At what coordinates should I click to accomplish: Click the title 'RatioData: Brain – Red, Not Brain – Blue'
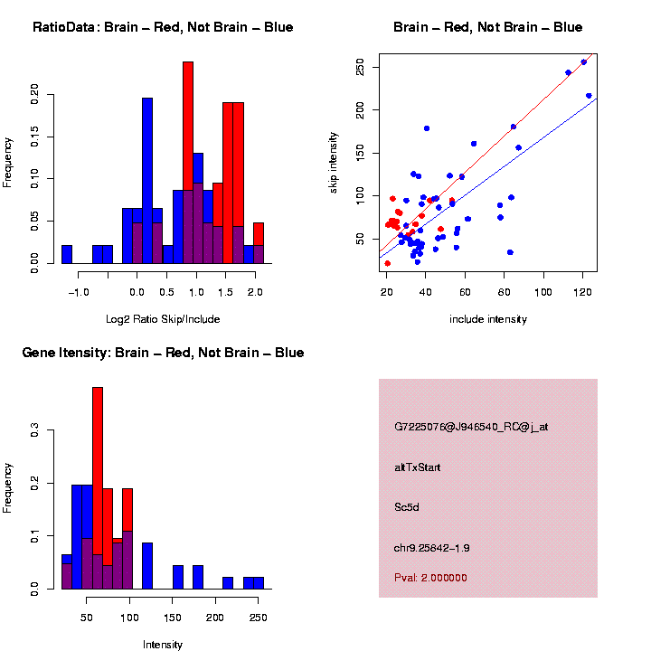tap(163, 28)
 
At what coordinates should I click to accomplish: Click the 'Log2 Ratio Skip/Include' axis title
tap(162, 319)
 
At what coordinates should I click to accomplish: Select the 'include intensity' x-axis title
tap(488, 319)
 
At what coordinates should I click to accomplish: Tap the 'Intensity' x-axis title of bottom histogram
tap(163, 645)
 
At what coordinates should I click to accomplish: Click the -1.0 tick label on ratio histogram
tap(79, 293)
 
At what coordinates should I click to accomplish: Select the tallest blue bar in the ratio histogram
tap(147, 181)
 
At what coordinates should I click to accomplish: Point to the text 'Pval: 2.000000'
tap(430, 578)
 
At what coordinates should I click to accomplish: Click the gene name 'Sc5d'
tap(407, 507)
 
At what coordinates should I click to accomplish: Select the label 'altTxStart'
tap(418, 467)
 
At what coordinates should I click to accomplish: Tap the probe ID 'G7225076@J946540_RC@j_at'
tap(471, 427)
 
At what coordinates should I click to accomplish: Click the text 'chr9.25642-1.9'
tap(432, 548)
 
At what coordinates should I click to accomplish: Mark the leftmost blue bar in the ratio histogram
tap(67, 254)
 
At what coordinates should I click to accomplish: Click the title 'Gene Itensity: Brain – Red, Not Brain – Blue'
tap(163, 353)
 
